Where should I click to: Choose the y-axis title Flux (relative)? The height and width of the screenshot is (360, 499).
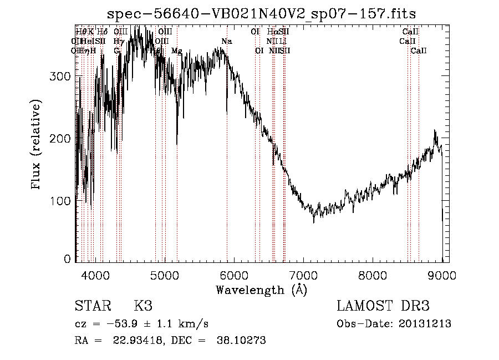coord(37,145)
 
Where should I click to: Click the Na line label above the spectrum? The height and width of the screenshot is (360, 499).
coord(226,42)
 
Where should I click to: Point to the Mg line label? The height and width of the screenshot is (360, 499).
coord(176,51)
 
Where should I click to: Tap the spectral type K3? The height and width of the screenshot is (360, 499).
coord(142,306)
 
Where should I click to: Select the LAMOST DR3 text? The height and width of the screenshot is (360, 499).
coord(383,306)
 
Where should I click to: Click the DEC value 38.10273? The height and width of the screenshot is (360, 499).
coord(243,341)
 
